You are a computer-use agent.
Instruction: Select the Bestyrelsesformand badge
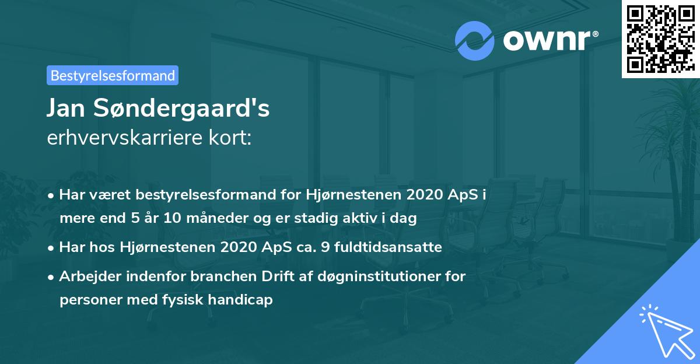pos(113,75)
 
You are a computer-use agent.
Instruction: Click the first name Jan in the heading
pos(66,109)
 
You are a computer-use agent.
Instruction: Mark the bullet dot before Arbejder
pos(52,276)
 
